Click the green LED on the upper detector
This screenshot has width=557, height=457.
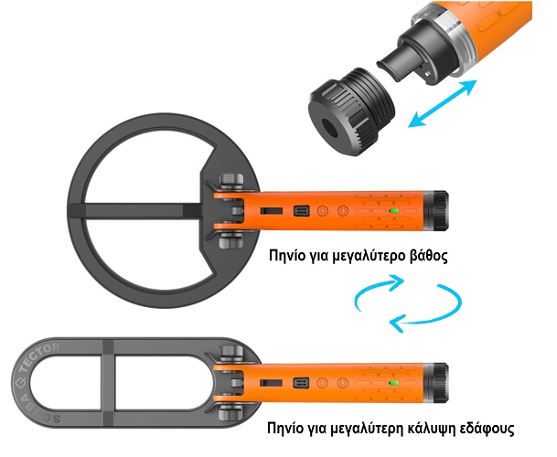[394, 211]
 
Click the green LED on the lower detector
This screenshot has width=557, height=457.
[393, 383]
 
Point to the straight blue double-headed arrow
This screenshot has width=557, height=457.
[443, 103]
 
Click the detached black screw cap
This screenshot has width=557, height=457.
[351, 112]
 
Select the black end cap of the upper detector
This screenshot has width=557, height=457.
[441, 211]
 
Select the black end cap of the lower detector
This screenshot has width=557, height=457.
[441, 383]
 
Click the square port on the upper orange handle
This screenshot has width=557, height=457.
[301, 211]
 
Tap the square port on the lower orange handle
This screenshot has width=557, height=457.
[301, 383]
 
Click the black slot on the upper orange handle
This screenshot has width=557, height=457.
[272, 211]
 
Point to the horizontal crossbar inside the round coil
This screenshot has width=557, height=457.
[135, 211]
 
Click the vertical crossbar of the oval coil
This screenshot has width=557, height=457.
[108, 382]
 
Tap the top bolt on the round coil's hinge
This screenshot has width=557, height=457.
[231, 181]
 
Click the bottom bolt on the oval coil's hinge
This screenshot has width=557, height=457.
[230, 412]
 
